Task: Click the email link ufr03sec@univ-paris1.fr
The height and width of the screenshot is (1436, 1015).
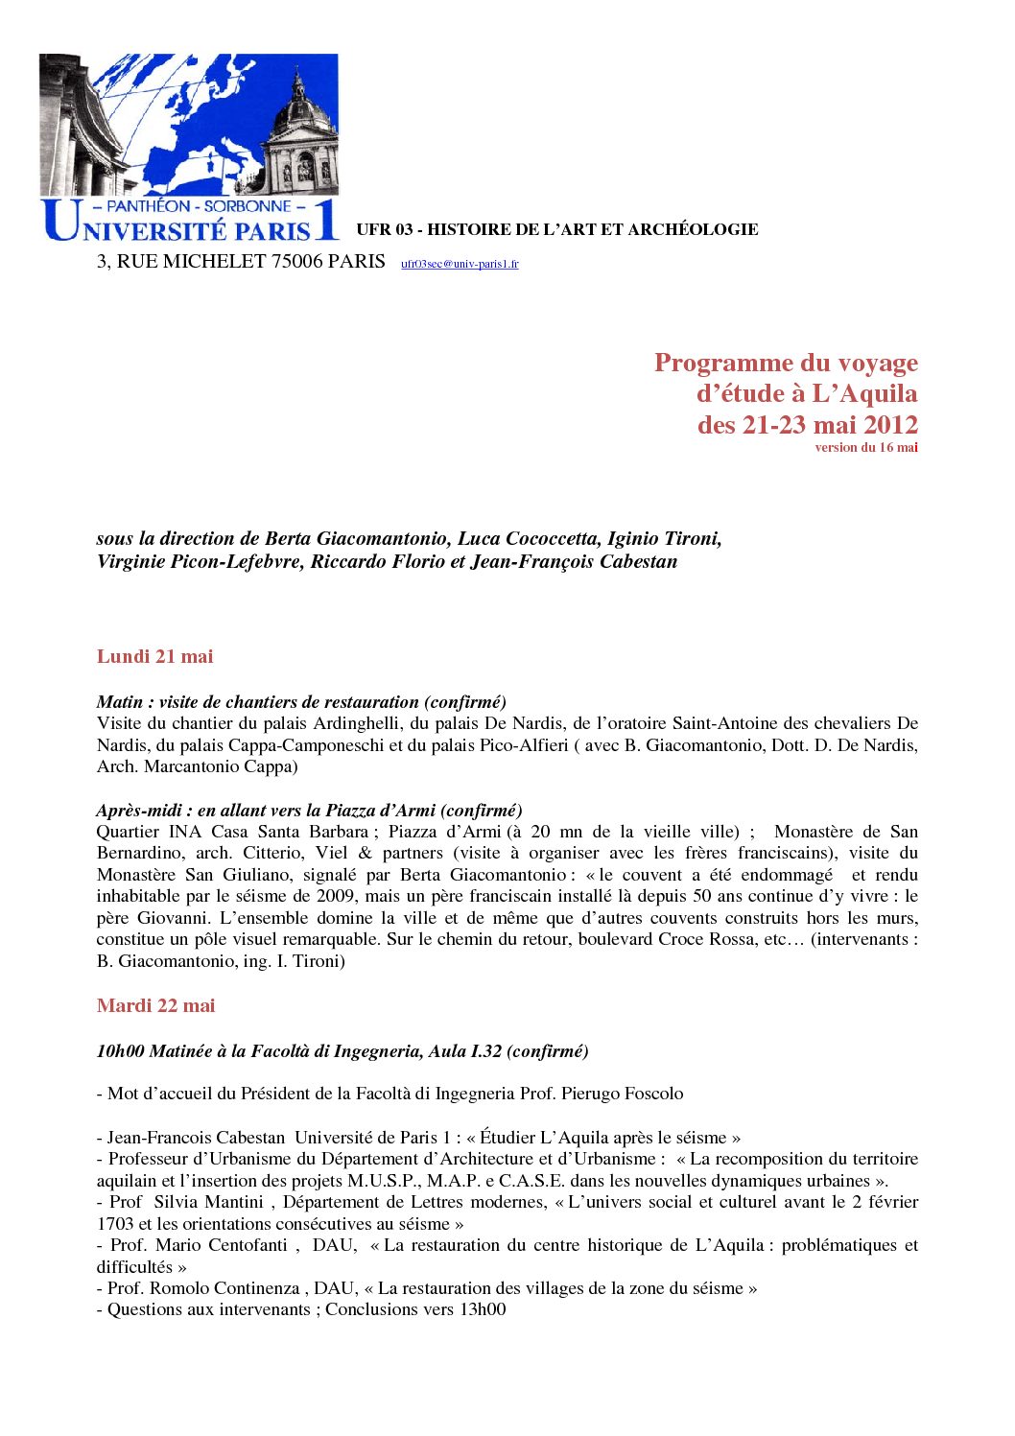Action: [x=460, y=264]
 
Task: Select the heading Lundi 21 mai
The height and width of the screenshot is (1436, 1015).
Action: [x=154, y=656]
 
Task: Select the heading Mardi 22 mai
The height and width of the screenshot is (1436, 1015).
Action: [x=155, y=1005]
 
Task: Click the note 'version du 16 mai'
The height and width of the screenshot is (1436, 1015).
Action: [x=866, y=447]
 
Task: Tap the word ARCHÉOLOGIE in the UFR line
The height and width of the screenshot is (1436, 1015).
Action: [x=696, y=229]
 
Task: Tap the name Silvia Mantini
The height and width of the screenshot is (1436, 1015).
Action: [x=208, y=1202]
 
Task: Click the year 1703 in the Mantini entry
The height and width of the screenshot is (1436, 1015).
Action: [x=115, y=1224]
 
